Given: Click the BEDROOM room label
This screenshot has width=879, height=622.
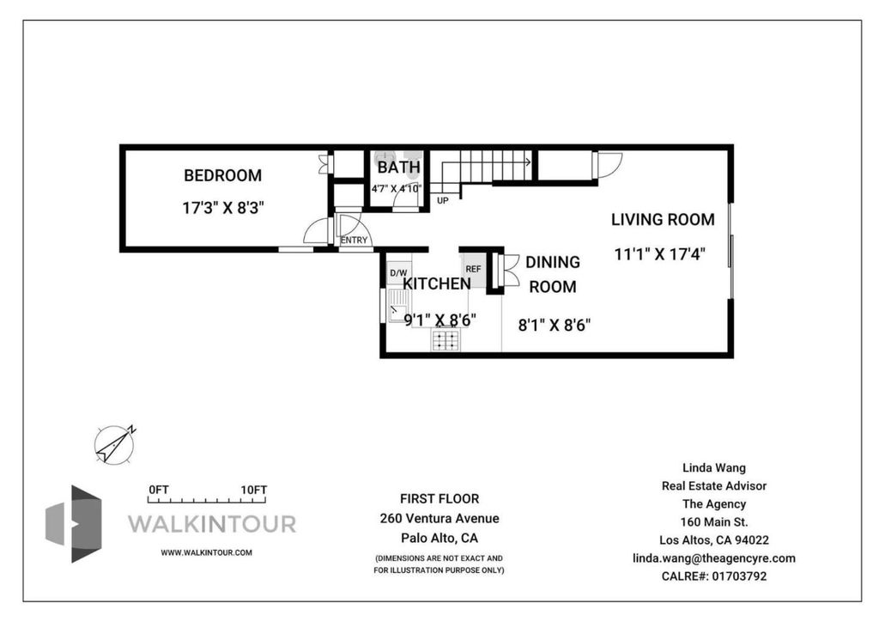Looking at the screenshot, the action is tap(222, 175).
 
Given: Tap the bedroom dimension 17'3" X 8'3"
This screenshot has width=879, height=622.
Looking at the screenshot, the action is tap(222, 208).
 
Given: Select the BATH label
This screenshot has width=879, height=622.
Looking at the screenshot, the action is tap(398, 168).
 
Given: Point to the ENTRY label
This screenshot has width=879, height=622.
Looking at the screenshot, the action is tap(354, 240).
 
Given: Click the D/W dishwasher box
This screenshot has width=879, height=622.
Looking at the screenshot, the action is tap(398, 272).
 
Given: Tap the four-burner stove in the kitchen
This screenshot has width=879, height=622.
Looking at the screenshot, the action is tap(446, 339).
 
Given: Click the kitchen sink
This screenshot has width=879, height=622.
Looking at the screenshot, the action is tap(399, 307).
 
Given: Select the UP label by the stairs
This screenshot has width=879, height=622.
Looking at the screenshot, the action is tap(442, 200).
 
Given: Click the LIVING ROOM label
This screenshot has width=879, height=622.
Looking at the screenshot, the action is tap(663, 219).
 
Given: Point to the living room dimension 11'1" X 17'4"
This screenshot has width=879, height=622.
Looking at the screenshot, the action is tap(659, 254).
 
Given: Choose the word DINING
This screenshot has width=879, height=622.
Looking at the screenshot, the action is tap(552, 262).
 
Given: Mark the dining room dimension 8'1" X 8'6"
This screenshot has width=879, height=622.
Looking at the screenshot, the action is tap(554, 325).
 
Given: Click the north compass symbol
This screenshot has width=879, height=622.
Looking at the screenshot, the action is tap(116, 444).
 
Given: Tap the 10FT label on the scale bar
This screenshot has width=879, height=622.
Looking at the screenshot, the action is tap(254, 490).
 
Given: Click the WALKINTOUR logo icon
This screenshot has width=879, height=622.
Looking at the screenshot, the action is tap(74, 523).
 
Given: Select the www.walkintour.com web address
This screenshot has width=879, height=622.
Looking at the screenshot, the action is tap(206, 552).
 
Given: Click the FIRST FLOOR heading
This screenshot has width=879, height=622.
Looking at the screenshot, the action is tap(439, 498).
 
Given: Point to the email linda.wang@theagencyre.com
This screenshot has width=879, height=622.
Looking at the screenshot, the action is tap(713, 558).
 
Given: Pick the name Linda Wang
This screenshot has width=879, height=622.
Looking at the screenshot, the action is tap(713, 467).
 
